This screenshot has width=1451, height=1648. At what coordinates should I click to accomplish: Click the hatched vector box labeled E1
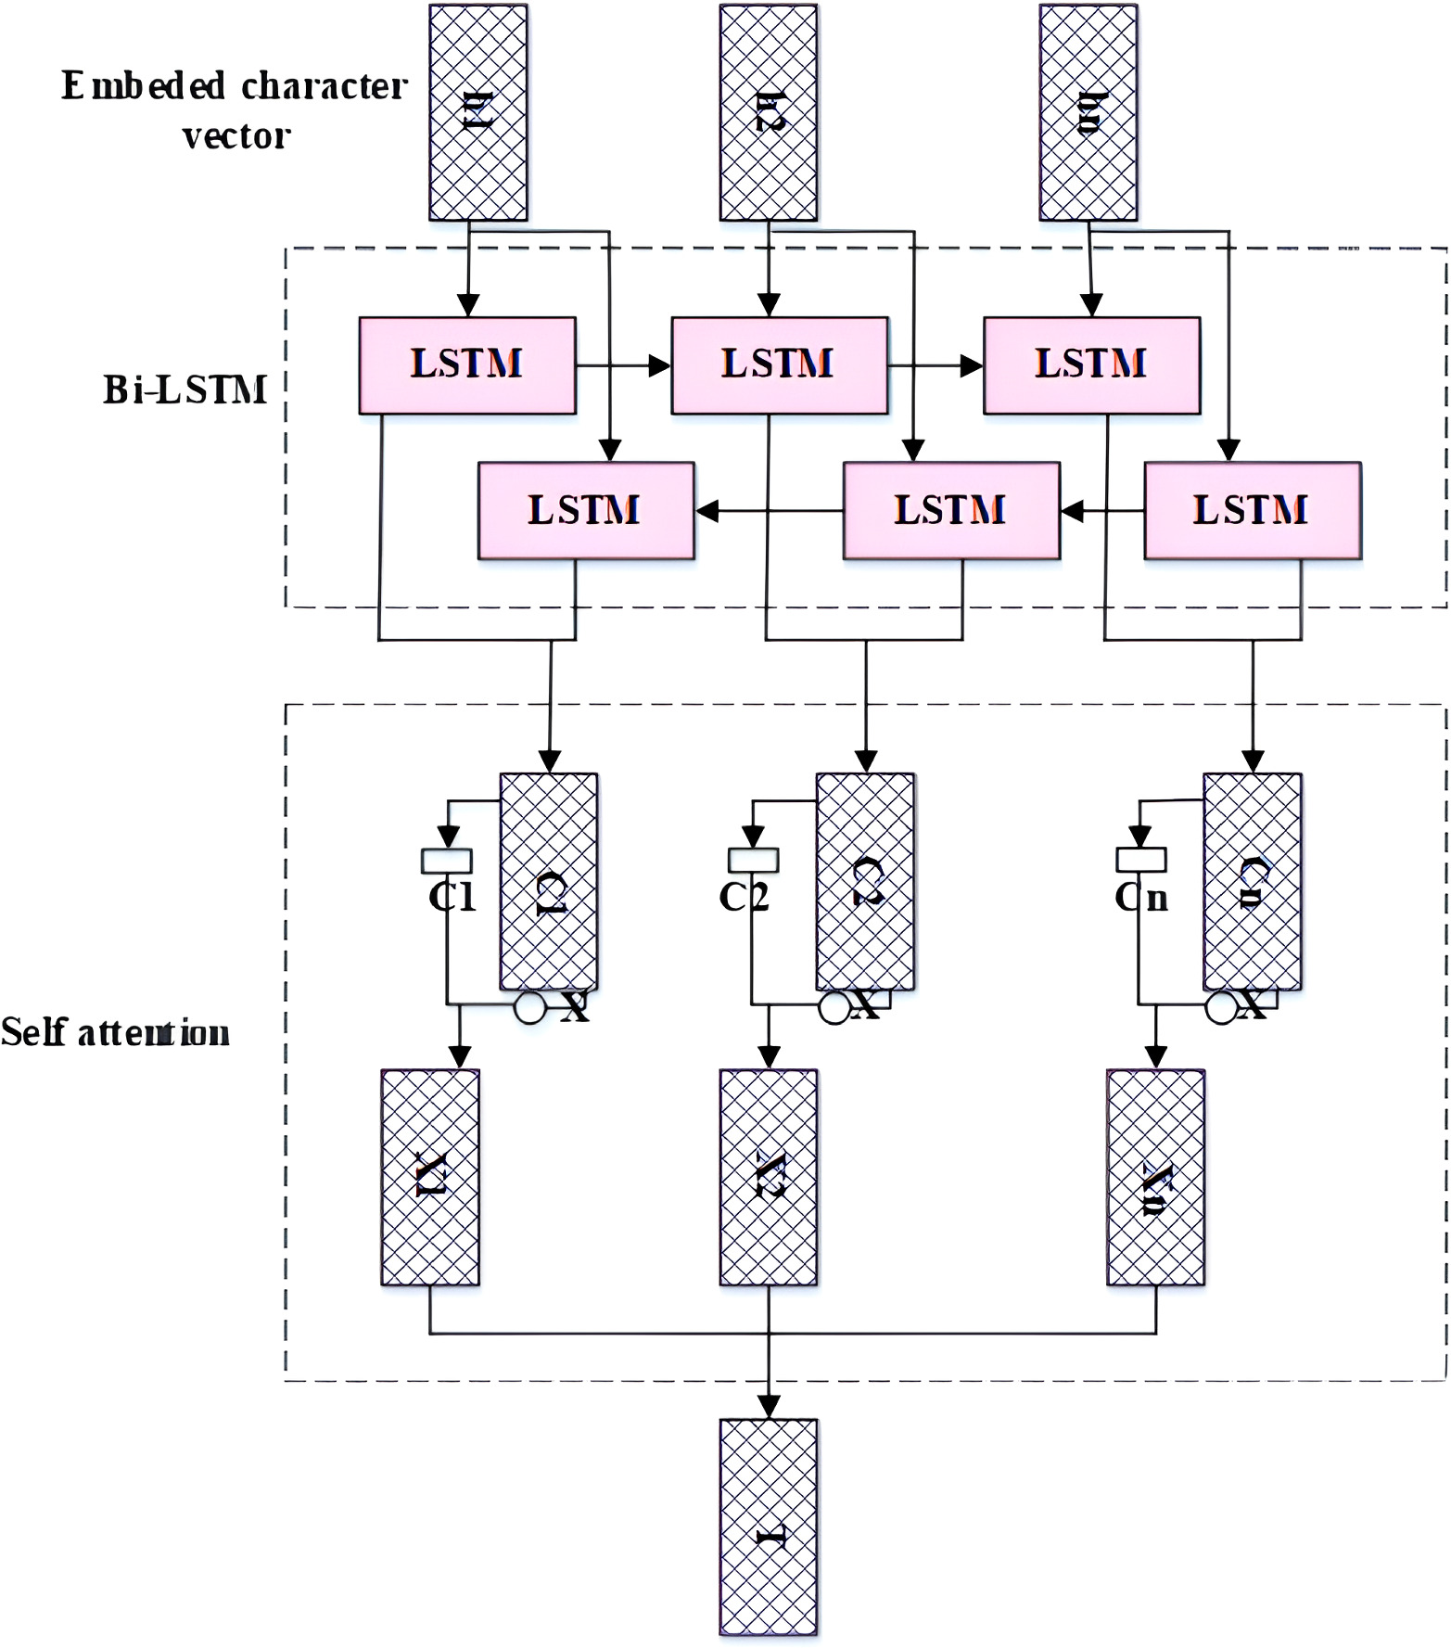coord(477,112)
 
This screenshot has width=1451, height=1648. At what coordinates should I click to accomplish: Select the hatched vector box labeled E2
coord(769,112)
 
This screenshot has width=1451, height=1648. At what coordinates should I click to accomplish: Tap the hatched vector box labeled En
coord(1088,112)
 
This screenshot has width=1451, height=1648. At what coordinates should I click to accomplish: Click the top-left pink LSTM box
coord(467,365)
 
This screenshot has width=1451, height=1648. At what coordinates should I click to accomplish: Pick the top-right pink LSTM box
coord(1091,365)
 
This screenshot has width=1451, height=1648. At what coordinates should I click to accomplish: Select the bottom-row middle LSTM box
coord(950,511)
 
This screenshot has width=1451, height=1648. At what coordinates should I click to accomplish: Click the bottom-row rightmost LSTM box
coord(1252,511)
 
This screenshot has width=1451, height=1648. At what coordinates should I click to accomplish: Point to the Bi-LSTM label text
coord(185,390)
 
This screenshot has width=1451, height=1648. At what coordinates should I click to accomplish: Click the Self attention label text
coord(115,1032)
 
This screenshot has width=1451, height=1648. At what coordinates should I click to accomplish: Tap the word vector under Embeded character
coord(236,137)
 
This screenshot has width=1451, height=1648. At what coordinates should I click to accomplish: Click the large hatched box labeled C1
coord(549,882)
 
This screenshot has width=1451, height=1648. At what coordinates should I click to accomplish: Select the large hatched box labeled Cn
coord(1252,882)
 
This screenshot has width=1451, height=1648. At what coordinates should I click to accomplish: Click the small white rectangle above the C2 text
coord(753,861)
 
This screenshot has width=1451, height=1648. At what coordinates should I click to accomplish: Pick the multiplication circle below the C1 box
coord(529,1008)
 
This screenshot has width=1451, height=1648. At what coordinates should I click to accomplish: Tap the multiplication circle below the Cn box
coord(1221,1008)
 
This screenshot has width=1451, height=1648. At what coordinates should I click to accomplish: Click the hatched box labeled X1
coord(430,1177)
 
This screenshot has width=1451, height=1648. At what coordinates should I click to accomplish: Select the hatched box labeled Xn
coord(1155,1177)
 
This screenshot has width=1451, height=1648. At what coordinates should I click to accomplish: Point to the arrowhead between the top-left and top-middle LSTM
coord(659,366)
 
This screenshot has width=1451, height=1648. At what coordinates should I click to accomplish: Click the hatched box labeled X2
coord(769,1177)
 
